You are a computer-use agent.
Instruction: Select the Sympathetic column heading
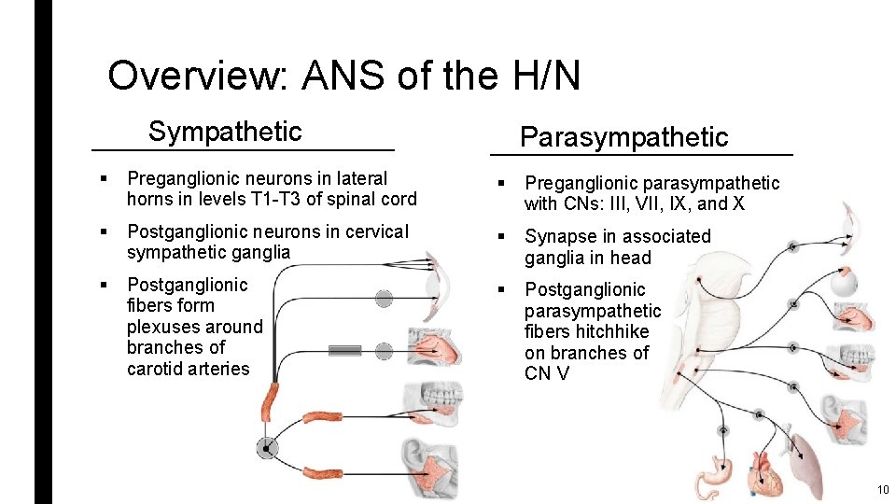point(225,132)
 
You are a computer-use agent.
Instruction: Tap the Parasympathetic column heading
point(623,137)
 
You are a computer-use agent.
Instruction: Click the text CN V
point(549,373)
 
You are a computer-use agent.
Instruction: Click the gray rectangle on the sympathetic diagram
point(344,351)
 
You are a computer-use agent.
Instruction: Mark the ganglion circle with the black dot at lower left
point(268,449)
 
